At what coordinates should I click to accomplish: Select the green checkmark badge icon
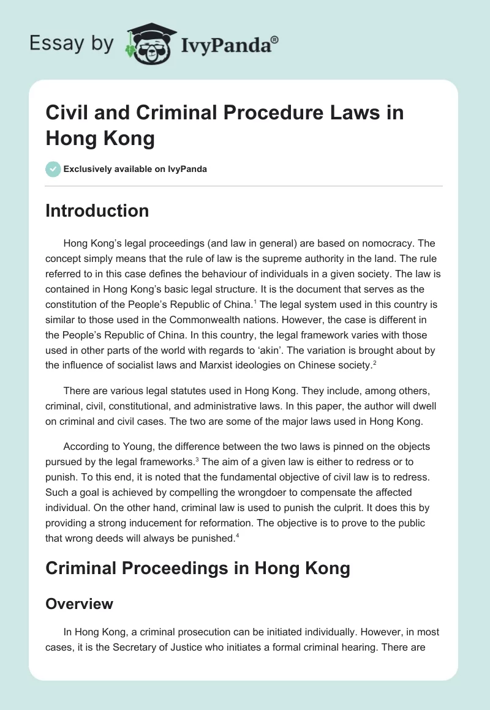tap(53, 169)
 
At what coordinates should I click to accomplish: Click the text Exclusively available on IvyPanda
tap(135, 169)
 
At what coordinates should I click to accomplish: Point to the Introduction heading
tap(97, 211)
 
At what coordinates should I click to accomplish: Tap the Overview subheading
tap(80, 604)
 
